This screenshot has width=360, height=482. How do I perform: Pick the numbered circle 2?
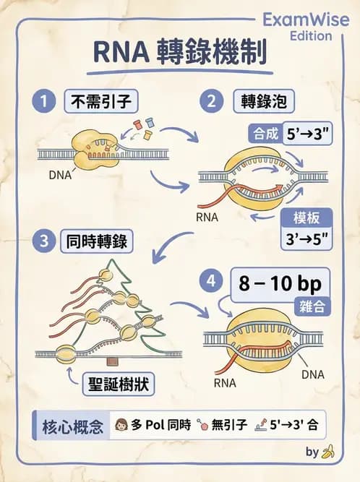pyautogui.click(x=213, y=101)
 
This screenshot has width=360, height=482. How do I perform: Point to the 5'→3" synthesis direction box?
pyautogui.click(x=307, y=134)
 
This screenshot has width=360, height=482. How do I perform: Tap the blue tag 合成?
pyautogui.click(x=262, y=134)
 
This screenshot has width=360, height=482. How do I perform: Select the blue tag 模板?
pyautogui.click(x=306, y=218)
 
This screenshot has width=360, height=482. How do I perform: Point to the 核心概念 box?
pyautogui.click(x=69, y=425)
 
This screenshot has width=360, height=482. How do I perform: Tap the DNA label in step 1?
pyautogui.click(x=60, y=175)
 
